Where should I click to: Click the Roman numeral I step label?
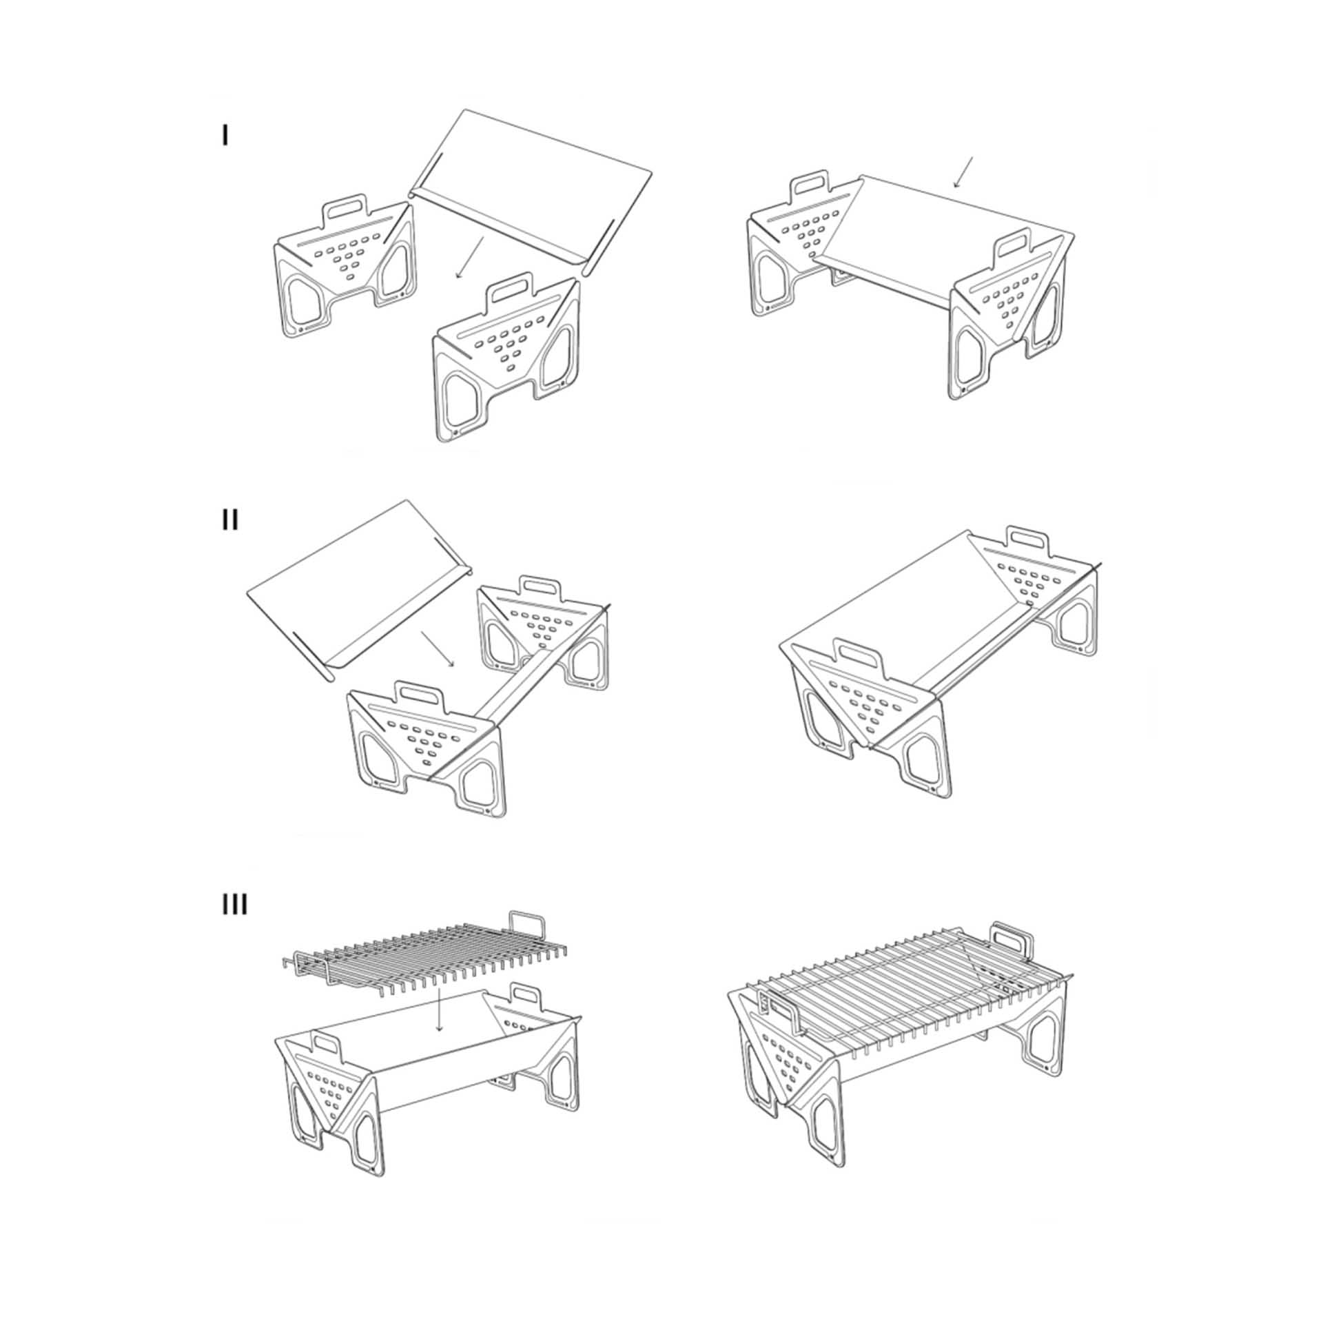[225, 136]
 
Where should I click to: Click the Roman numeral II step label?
[230, 520]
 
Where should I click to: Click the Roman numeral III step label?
[235, 904]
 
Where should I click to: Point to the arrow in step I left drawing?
[470, 258]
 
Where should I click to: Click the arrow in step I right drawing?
[963, 172]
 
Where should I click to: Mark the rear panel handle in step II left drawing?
[541, 584]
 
